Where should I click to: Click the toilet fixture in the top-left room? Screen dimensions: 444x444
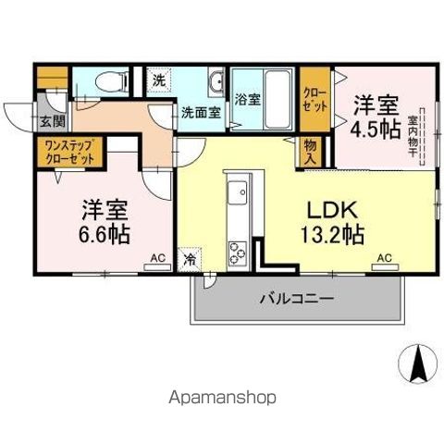tap(109, 82)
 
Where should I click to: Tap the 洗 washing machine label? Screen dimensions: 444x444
tap(159, 80)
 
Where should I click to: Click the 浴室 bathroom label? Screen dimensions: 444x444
tap(247, 99)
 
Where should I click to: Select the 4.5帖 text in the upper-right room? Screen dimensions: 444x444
tap(377, 129)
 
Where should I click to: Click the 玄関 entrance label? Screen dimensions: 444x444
tap(52, 121)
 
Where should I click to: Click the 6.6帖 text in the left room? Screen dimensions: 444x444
tap(104, 233)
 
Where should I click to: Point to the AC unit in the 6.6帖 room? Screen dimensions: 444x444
tap(156, 263)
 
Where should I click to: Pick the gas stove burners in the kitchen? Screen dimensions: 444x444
tap(236, 251)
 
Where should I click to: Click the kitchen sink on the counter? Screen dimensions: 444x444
tap(236, 194)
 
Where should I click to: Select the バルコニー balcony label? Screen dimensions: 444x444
tap(296, 299)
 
